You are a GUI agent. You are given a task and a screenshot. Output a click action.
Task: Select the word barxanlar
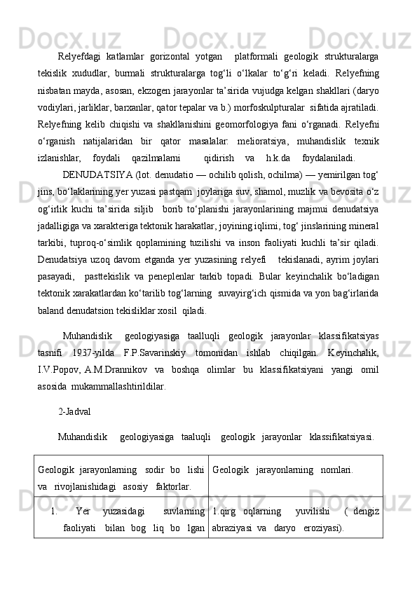click(153, 108)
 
